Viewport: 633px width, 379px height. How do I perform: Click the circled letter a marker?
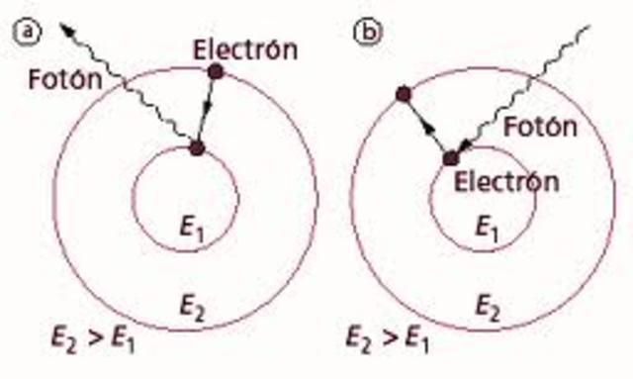pos(29,32)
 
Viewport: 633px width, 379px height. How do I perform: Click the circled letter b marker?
pos(367,32)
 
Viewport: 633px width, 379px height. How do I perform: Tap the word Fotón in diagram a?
pos(70,80)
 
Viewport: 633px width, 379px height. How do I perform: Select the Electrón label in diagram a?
pos(244,48)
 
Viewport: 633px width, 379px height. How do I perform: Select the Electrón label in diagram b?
pos(507,181)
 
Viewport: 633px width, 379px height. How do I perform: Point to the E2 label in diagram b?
pos(485,303)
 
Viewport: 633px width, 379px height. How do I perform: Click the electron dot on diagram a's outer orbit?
pos(216,71)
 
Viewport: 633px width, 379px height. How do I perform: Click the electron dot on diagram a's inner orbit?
pos(196,148)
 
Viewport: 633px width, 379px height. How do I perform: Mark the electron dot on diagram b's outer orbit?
pos(402,94)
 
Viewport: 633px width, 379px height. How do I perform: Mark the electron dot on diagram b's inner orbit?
pos(451,158)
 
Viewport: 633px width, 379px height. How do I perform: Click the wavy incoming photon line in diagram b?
pos(524,89)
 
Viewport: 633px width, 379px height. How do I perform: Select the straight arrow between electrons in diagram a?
pos(206,110)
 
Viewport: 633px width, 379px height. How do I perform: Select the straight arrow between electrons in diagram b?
pos(426,127)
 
